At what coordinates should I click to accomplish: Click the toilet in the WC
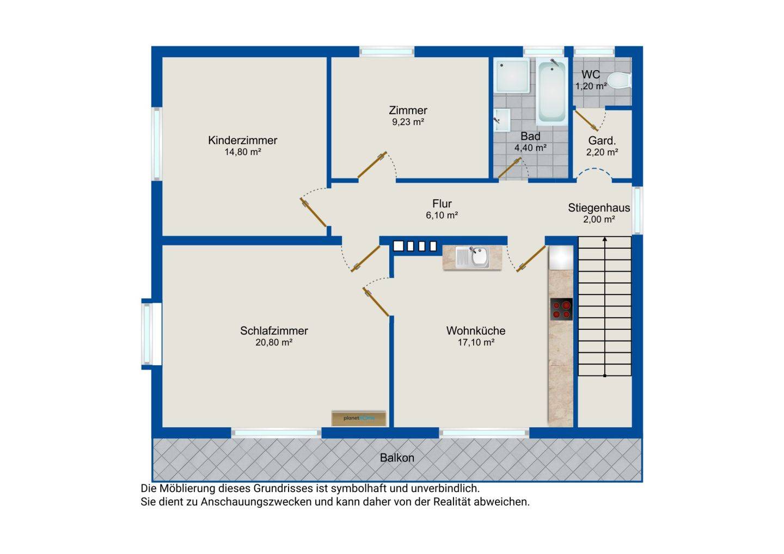(620, 81)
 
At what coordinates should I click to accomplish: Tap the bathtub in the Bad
(552, 91)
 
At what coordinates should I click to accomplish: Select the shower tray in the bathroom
(511, 75)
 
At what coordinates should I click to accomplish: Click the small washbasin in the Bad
(502, 120)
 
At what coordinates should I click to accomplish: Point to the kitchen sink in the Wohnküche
(472, 257)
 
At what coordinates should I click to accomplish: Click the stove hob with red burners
(561, 309)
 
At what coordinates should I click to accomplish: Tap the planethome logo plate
(359, 418)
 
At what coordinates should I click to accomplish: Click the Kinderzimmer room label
(243, 140)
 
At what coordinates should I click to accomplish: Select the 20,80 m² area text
(274, 342)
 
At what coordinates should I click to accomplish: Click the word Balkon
(397, 458)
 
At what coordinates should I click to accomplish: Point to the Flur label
(442, 204)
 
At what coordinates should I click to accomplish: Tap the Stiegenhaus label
(599, 208)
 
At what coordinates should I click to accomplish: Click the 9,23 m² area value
(408, 122)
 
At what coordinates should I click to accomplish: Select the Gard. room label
(602, 140)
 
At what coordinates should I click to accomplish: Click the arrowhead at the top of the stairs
(605, 239)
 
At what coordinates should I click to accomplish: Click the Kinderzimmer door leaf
(313, 212)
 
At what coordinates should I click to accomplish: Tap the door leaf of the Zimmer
(372, 165)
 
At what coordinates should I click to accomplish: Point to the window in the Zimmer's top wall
(387, 52)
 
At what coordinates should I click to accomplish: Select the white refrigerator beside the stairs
(561, 257)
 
